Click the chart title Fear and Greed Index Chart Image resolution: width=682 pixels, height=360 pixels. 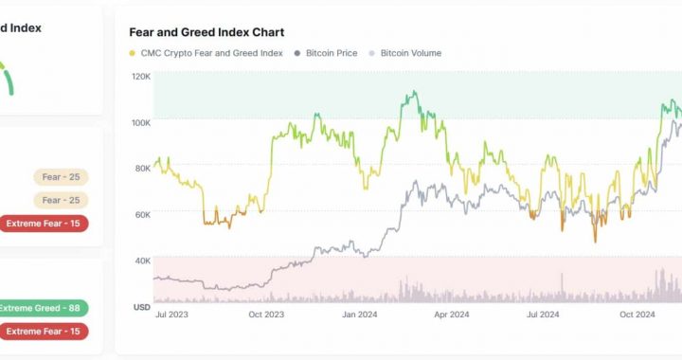click(206, 32)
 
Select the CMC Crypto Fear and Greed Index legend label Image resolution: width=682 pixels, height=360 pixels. click(212, 53)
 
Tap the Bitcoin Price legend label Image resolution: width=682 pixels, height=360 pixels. click(332, 53)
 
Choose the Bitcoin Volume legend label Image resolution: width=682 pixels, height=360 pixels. click(410, 53)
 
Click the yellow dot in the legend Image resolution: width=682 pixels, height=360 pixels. click(133, 53)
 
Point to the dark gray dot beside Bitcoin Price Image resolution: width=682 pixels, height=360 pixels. click(297, 53)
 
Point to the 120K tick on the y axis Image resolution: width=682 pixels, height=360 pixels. click(140, 76)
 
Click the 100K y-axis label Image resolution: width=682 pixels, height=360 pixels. click(140, 122)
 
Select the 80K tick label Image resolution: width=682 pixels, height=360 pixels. click(142, 169)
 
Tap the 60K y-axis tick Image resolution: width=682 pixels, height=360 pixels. click(142, 215)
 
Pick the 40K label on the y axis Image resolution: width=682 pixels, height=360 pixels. click(142, 261)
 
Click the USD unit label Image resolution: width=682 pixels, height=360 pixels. click(140, 307)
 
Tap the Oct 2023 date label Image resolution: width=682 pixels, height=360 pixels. click(266, 315)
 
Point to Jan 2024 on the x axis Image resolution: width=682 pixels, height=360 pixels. click(360, 315)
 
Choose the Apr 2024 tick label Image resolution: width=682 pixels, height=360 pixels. click(452, 315)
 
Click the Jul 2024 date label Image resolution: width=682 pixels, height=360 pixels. click(545, 315)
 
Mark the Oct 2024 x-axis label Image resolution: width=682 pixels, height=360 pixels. click(637, 315)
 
